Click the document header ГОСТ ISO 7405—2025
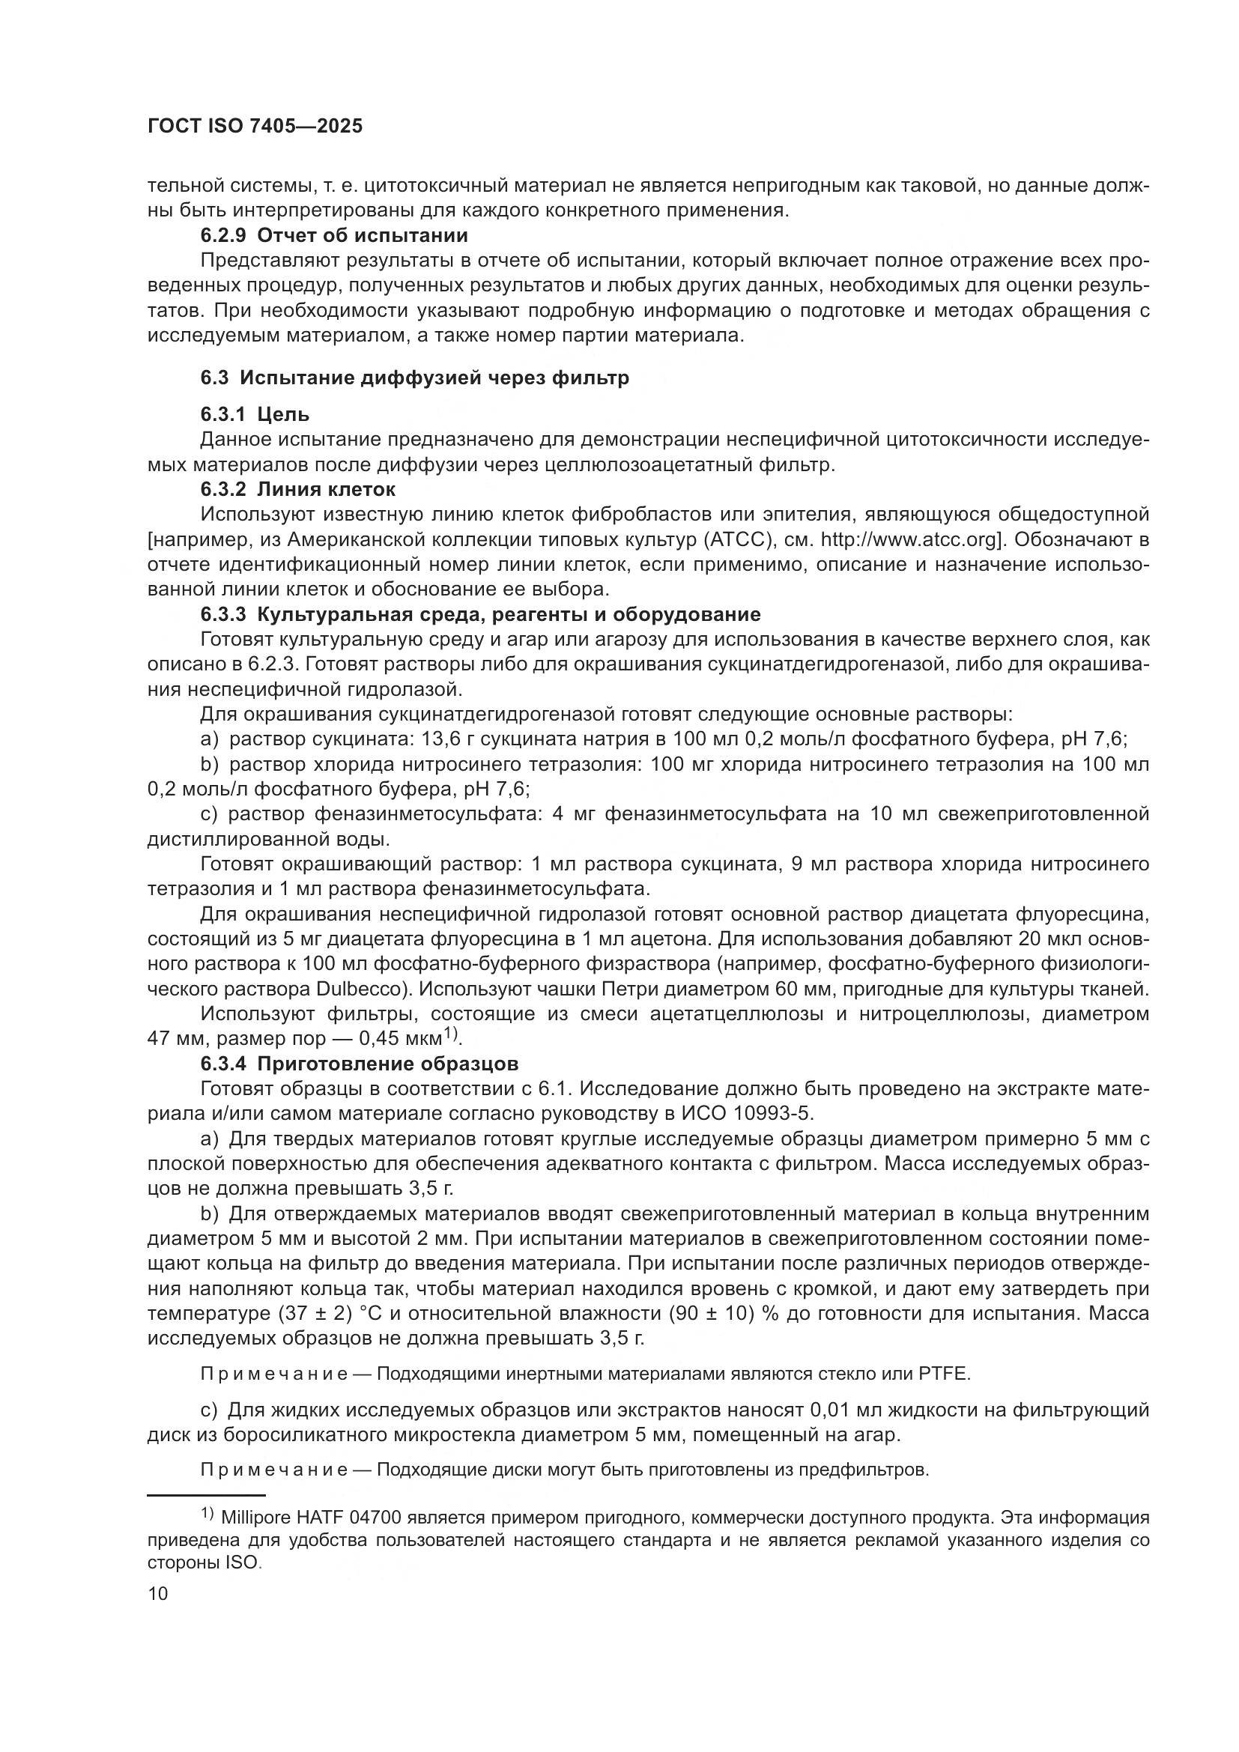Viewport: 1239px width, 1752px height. click(x=255, y=126)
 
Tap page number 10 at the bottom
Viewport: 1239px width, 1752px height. click(x=157, y=1593)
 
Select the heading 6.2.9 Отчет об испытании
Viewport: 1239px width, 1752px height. click(x=334, y=235)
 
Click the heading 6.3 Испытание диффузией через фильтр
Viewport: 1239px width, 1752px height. click(x=415, y=378)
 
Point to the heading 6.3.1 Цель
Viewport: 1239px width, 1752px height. click(x=255, y=415)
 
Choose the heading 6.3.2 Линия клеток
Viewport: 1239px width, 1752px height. click(x=298, y=489)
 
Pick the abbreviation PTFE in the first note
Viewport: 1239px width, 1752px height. click(x=946, y=1374)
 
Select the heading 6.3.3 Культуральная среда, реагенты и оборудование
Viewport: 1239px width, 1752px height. click(x=481, y=614)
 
